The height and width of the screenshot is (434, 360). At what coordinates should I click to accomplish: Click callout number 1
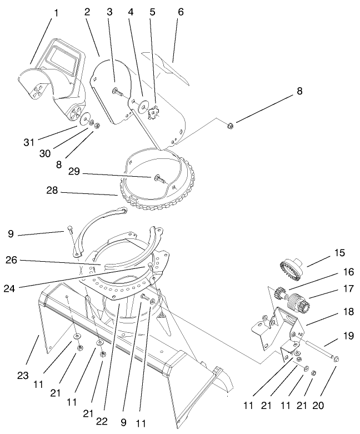[x=55, y=11]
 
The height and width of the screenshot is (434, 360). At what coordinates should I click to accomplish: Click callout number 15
[x=338, y=253]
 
